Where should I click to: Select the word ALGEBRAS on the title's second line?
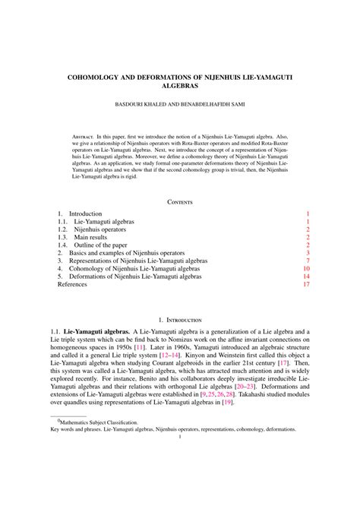180,87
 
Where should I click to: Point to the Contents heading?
180,202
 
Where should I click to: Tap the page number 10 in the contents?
306,268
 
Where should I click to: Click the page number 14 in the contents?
306,277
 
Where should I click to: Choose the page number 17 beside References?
306,285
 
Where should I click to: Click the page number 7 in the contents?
308,261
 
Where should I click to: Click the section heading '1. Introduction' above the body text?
180,322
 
